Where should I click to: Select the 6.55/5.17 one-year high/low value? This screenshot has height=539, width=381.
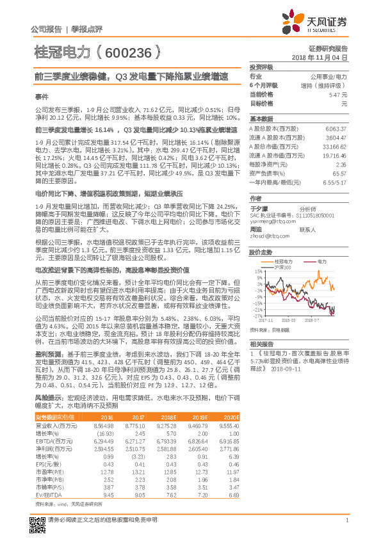coord(335,182)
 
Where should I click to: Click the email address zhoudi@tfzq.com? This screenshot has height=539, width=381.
coord(264,235)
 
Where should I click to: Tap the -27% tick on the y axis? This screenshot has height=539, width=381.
coord(257,316)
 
